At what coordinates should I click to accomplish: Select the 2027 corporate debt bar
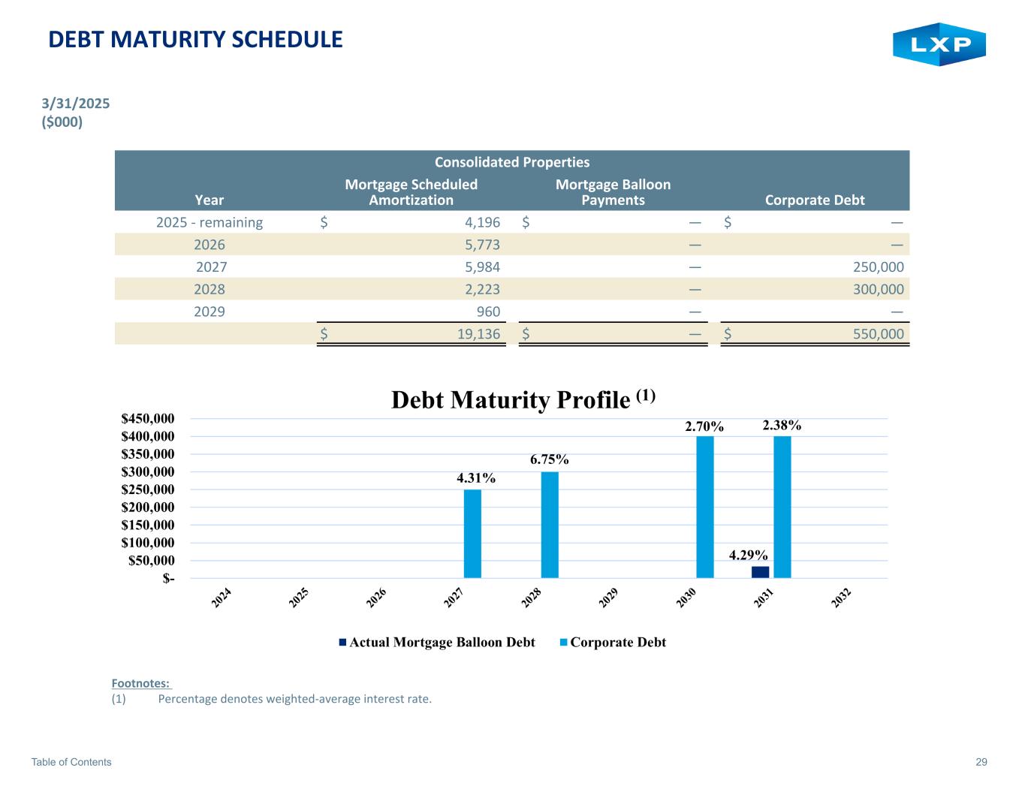tap(472, 534)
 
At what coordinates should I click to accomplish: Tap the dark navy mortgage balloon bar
tap(760, 572)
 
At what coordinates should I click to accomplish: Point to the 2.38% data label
tap(782, 425)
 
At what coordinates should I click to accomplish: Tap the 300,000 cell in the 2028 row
tap(879, 290)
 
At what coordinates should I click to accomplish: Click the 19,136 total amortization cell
tap(478, 334)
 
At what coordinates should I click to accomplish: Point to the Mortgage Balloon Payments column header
tap(613, 192)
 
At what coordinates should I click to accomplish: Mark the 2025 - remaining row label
tap(210, 222)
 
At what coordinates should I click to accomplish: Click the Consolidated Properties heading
tap(512, 162)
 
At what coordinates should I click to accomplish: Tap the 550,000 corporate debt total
tap(879, 334)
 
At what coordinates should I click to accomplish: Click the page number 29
tap(981, 762)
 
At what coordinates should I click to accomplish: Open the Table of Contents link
tap(71, 762)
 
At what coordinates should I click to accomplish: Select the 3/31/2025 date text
tap(75, 104)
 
